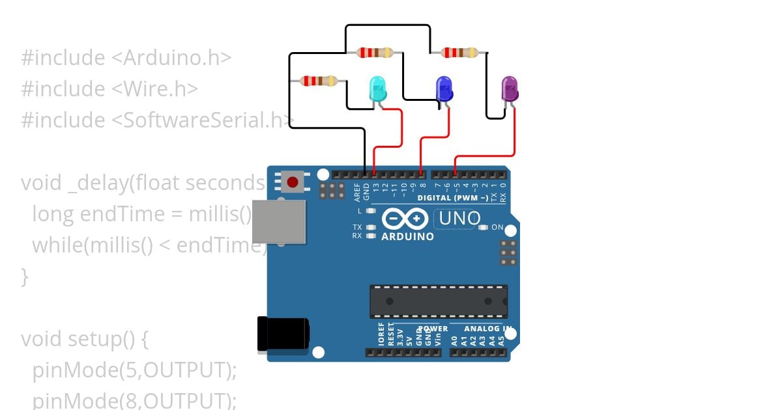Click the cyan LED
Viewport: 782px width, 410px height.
coord(377,89)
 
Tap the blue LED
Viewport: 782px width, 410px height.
coord(444,88)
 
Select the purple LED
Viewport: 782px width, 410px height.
coord(509,89)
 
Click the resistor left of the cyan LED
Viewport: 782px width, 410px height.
coord(318,81)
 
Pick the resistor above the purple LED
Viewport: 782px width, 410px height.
coord(460,52)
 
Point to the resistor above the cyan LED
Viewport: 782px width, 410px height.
coord(375,52)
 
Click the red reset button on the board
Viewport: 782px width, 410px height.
coord(293,182)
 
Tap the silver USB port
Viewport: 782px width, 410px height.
coord(278,221)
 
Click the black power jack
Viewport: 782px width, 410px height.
coord(282,334)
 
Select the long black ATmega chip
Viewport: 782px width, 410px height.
coord(439,301)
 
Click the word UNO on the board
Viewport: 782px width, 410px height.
coord(459,219)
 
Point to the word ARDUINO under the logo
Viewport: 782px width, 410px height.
coord(407,236)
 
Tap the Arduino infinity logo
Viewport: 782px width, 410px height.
coord(405,219)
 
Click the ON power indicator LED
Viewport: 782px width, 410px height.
coord(484,228)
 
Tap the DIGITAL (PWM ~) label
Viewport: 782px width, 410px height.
coord(452,197)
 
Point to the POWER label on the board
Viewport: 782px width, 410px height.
coord(433,329)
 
